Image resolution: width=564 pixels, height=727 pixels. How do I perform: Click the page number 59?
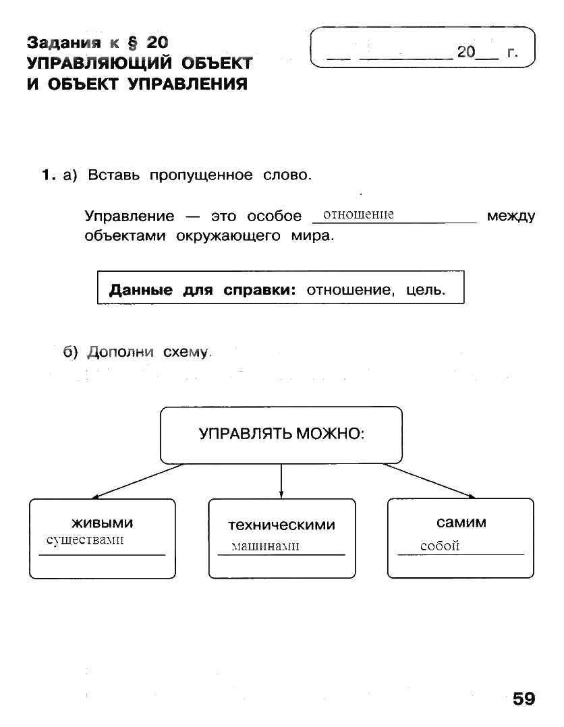[x=524, y=698]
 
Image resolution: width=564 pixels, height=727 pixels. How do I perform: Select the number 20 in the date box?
[x=466, y=52]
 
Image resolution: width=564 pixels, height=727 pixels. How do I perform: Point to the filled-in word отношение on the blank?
[x=358, y=214]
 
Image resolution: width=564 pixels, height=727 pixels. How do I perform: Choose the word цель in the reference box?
[x=426, y=291]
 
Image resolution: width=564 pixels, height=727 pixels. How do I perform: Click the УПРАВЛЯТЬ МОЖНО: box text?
[x=281, y=434]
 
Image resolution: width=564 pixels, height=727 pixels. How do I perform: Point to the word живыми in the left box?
[x=103, y=523]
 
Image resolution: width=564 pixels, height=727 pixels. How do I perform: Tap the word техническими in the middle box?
[x=281, y=525]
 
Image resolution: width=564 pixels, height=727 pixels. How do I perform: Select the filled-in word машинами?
[x=264, y=546]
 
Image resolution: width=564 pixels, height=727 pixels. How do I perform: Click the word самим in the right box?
[x=461, y=523]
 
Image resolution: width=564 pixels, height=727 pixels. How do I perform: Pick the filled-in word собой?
[x=439, y=546]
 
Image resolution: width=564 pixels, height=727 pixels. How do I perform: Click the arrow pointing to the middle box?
[x=281, y=482]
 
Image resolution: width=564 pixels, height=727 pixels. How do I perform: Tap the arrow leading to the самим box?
[x=429, y=481]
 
